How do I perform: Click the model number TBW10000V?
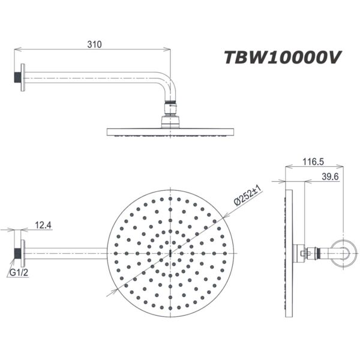point(282,58)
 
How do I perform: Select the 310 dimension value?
point(94,44)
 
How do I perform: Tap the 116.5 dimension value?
point(314,162)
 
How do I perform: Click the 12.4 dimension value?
point(44,225)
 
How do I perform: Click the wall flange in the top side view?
point(22,77)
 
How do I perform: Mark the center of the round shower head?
point(171,252)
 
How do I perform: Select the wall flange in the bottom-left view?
point(22,252)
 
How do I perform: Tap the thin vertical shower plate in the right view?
point(290,252)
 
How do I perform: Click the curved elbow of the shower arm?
point(167,84)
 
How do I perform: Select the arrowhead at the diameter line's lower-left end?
point(112,292)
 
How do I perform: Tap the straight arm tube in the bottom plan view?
point(66,252)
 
